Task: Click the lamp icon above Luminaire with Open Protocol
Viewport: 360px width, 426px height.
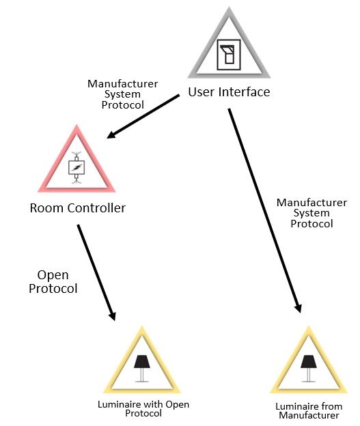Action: click(143, 368)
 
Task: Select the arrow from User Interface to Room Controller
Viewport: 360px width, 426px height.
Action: click(143, 117)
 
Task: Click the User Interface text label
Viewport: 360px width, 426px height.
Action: click(229, 92)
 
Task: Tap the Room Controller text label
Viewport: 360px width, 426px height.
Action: click(77, 208)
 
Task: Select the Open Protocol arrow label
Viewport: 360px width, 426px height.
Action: click(53, 281)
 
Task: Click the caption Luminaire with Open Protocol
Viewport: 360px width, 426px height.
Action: click(143, 408)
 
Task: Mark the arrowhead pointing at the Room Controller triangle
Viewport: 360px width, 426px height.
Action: click(111, 134)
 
